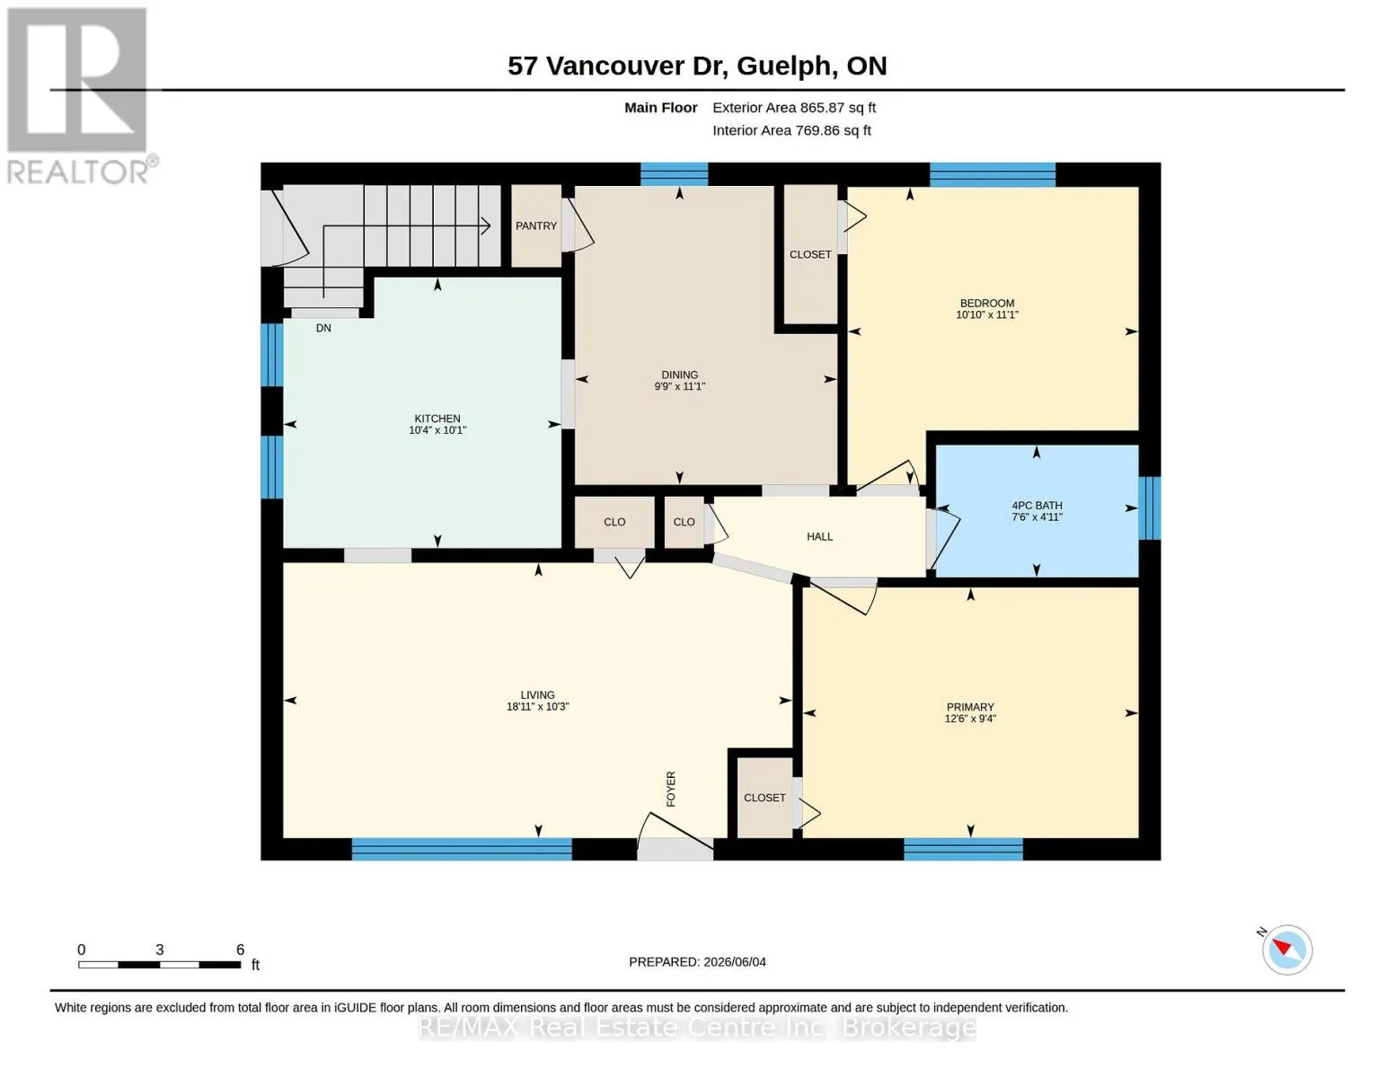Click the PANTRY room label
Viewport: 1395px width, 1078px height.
[535, 226]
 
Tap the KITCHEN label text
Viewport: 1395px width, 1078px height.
[437, 419]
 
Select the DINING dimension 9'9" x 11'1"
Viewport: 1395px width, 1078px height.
[679, 386]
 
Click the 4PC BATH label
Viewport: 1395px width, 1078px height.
[1037, 505]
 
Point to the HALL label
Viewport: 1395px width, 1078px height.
[819, 536]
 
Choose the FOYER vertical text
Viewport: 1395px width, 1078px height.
[671, 789]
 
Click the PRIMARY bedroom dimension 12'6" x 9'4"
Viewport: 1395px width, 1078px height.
[969, 719]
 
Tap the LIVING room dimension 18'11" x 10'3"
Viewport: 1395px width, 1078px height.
[537, 706]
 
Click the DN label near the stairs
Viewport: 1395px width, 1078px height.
[323, 328]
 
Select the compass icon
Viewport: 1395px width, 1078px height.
[1286, 950]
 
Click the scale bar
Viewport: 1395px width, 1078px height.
[159, 964]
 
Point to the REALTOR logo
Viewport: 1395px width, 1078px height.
[78, 96]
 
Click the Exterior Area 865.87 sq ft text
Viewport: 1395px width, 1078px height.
[794, 108]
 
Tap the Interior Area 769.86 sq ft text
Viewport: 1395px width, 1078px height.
[791, 130]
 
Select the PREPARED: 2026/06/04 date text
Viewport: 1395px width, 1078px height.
[697, 962]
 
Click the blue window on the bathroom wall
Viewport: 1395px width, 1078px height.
[1150, 508]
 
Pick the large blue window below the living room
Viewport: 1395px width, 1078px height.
[462, 849]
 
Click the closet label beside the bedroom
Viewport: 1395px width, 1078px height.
[810, 254]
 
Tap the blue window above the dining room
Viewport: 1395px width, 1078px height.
[674, 174]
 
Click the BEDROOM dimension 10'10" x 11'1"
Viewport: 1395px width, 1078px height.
[986, 314]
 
